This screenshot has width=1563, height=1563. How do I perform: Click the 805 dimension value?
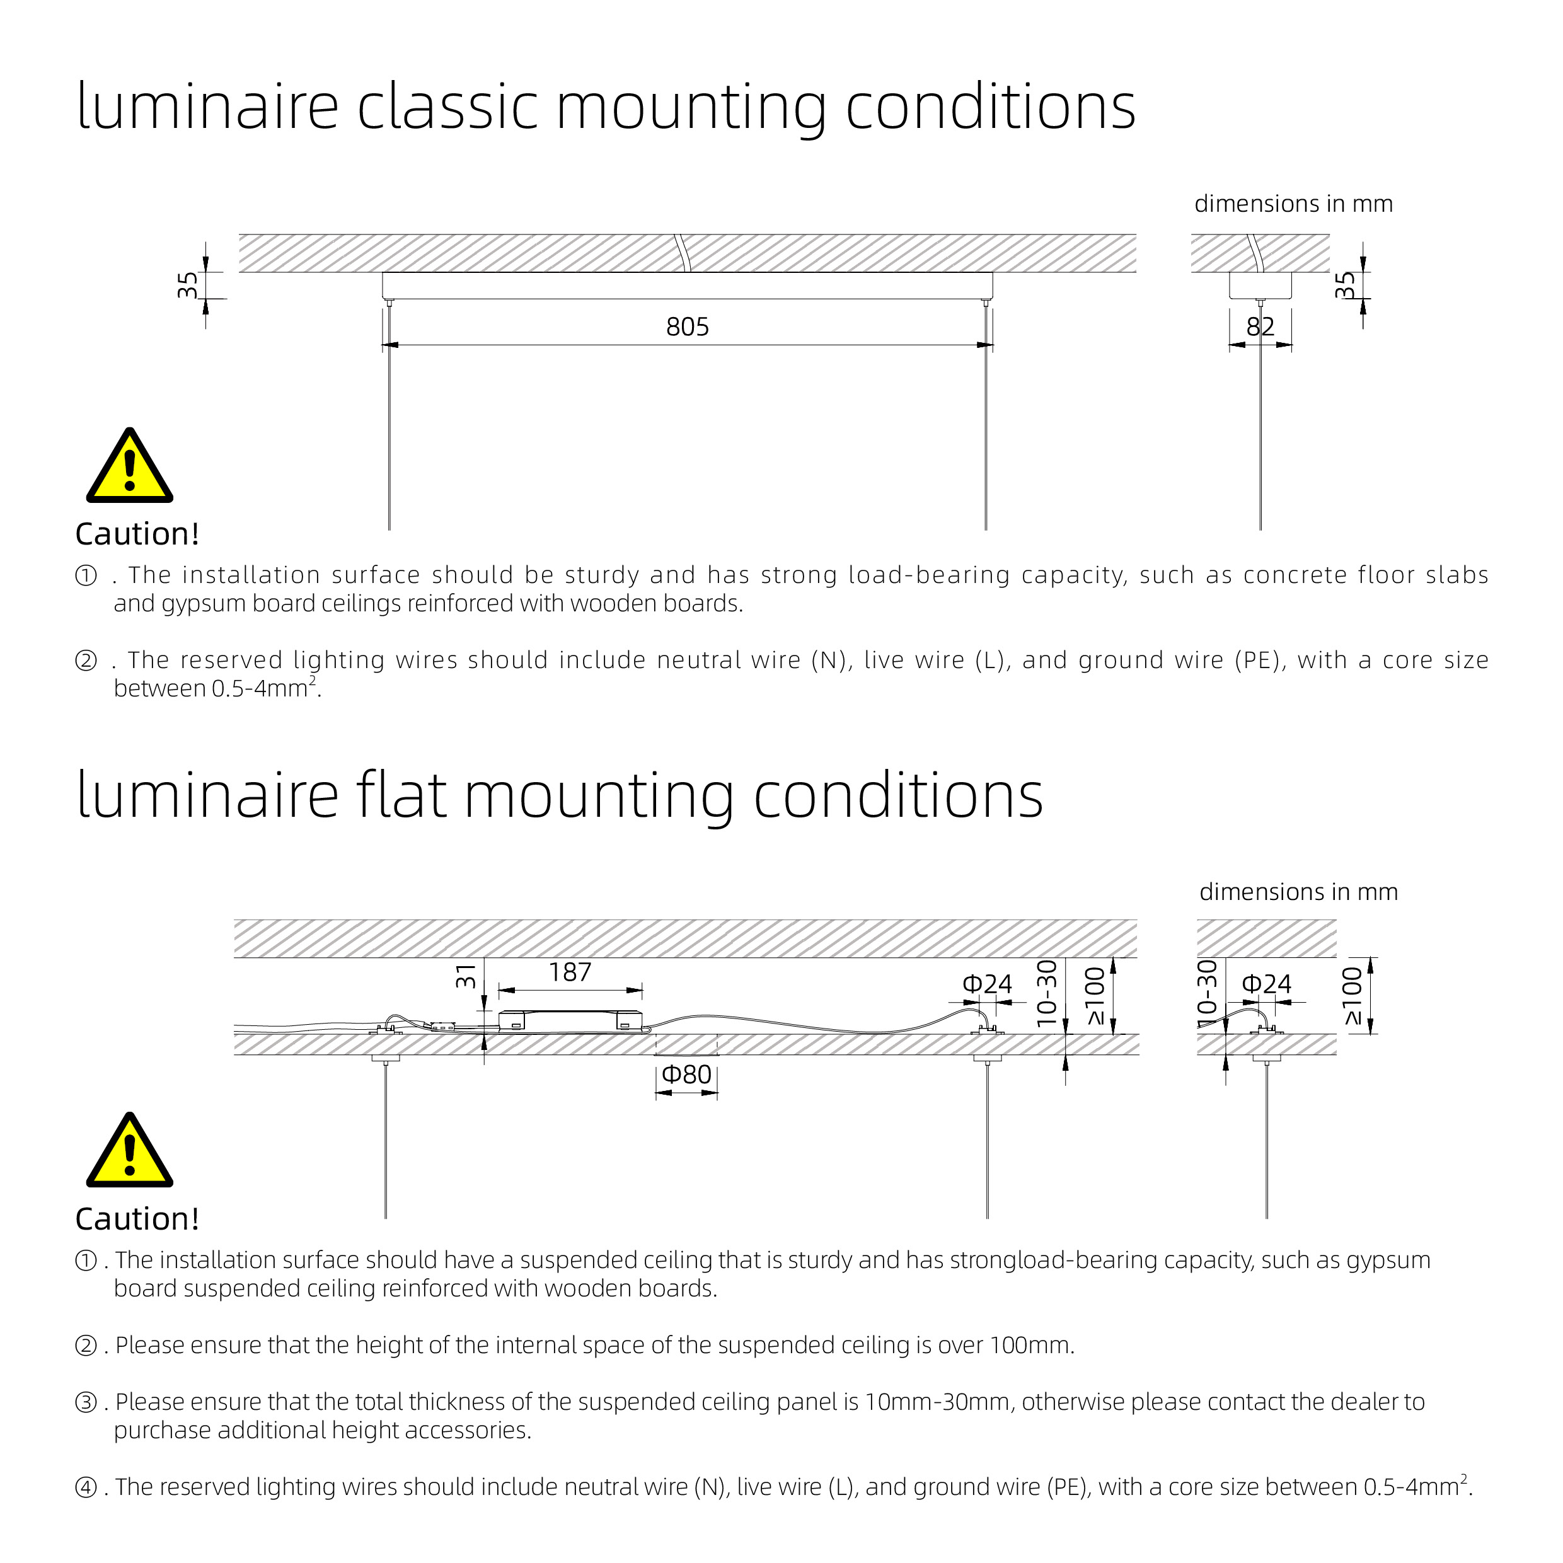687,327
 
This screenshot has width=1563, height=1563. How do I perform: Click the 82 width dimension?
1260,327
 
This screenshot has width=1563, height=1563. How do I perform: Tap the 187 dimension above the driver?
570,972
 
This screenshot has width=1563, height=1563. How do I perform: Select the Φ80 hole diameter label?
686,1075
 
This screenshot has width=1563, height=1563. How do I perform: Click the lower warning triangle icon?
129,1153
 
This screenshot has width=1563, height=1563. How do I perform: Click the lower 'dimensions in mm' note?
1298,892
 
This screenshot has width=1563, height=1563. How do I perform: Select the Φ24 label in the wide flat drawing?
986,984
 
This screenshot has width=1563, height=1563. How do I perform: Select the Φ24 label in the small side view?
1266,984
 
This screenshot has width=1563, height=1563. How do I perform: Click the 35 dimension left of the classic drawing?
187,285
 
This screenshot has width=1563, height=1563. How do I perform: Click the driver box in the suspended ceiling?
570,1021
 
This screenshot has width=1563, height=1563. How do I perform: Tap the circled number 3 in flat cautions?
86,1402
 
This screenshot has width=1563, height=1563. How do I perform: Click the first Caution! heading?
137,534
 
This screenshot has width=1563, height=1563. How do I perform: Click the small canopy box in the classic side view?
1260,285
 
